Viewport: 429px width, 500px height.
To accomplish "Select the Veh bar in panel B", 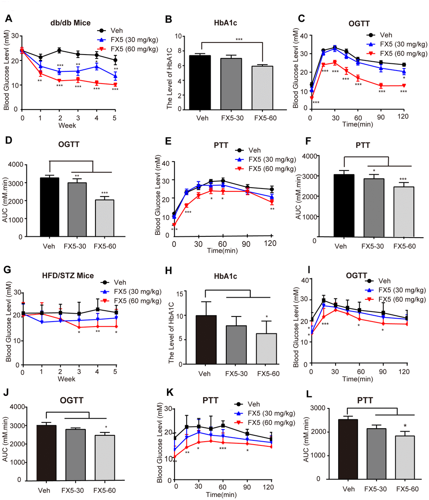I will [203, 82].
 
